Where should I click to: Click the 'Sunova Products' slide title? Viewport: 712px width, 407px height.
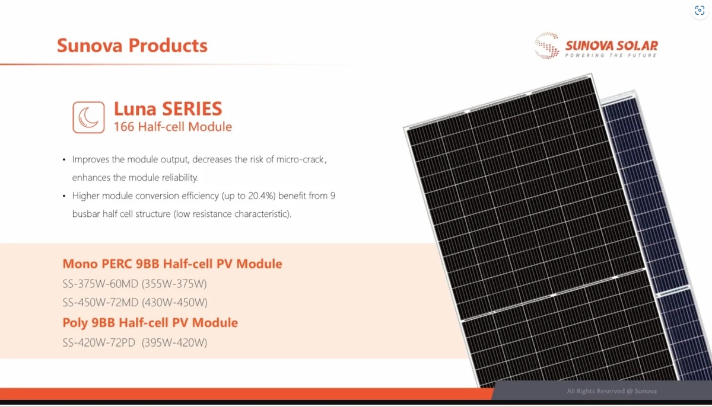point(132,46)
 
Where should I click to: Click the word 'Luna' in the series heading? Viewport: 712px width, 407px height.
point(135,108)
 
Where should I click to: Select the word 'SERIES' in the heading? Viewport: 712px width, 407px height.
point(192,108)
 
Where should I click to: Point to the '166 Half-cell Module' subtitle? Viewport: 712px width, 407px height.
point(173,127)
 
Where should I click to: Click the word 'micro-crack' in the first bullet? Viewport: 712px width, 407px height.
point(300,159)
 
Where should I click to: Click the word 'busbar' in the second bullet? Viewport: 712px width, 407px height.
point(86,214)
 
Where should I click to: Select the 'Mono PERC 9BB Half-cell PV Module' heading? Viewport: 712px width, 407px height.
point(172,264)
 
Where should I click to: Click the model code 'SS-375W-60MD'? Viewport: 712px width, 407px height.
point(100,284)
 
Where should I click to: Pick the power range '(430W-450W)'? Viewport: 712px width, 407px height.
point(174,302)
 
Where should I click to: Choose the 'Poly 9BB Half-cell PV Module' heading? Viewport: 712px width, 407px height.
point(150,322)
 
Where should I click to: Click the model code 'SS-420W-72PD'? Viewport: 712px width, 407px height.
point(99,342)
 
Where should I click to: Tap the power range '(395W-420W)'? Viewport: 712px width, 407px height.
point(174,342)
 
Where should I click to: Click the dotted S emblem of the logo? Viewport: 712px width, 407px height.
point(546,46)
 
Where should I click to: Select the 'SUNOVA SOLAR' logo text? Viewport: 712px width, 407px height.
point(612,46)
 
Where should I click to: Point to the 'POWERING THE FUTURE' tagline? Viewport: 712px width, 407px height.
point(611,55)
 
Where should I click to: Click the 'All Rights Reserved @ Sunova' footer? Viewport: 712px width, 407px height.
point(612,391)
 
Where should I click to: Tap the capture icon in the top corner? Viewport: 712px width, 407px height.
point(700,10)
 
